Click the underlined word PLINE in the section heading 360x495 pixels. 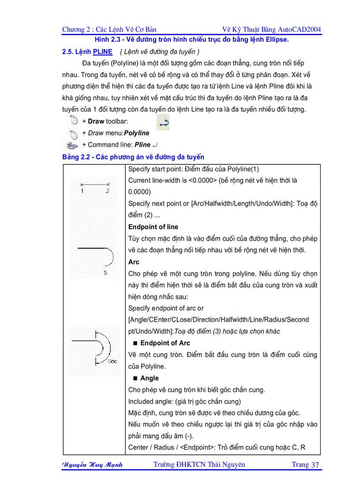[102, 52]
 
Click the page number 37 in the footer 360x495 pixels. [315, 465]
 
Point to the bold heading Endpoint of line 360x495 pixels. [153, 227]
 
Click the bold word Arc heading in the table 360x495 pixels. [134, 262]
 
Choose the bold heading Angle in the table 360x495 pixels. [149, 378]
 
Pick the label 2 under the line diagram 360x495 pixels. [108, 191]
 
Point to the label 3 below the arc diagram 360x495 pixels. [105, 273]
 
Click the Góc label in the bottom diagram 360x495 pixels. [112, 361]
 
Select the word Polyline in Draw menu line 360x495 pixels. [137, 133]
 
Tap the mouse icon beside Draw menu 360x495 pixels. [74, 133]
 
